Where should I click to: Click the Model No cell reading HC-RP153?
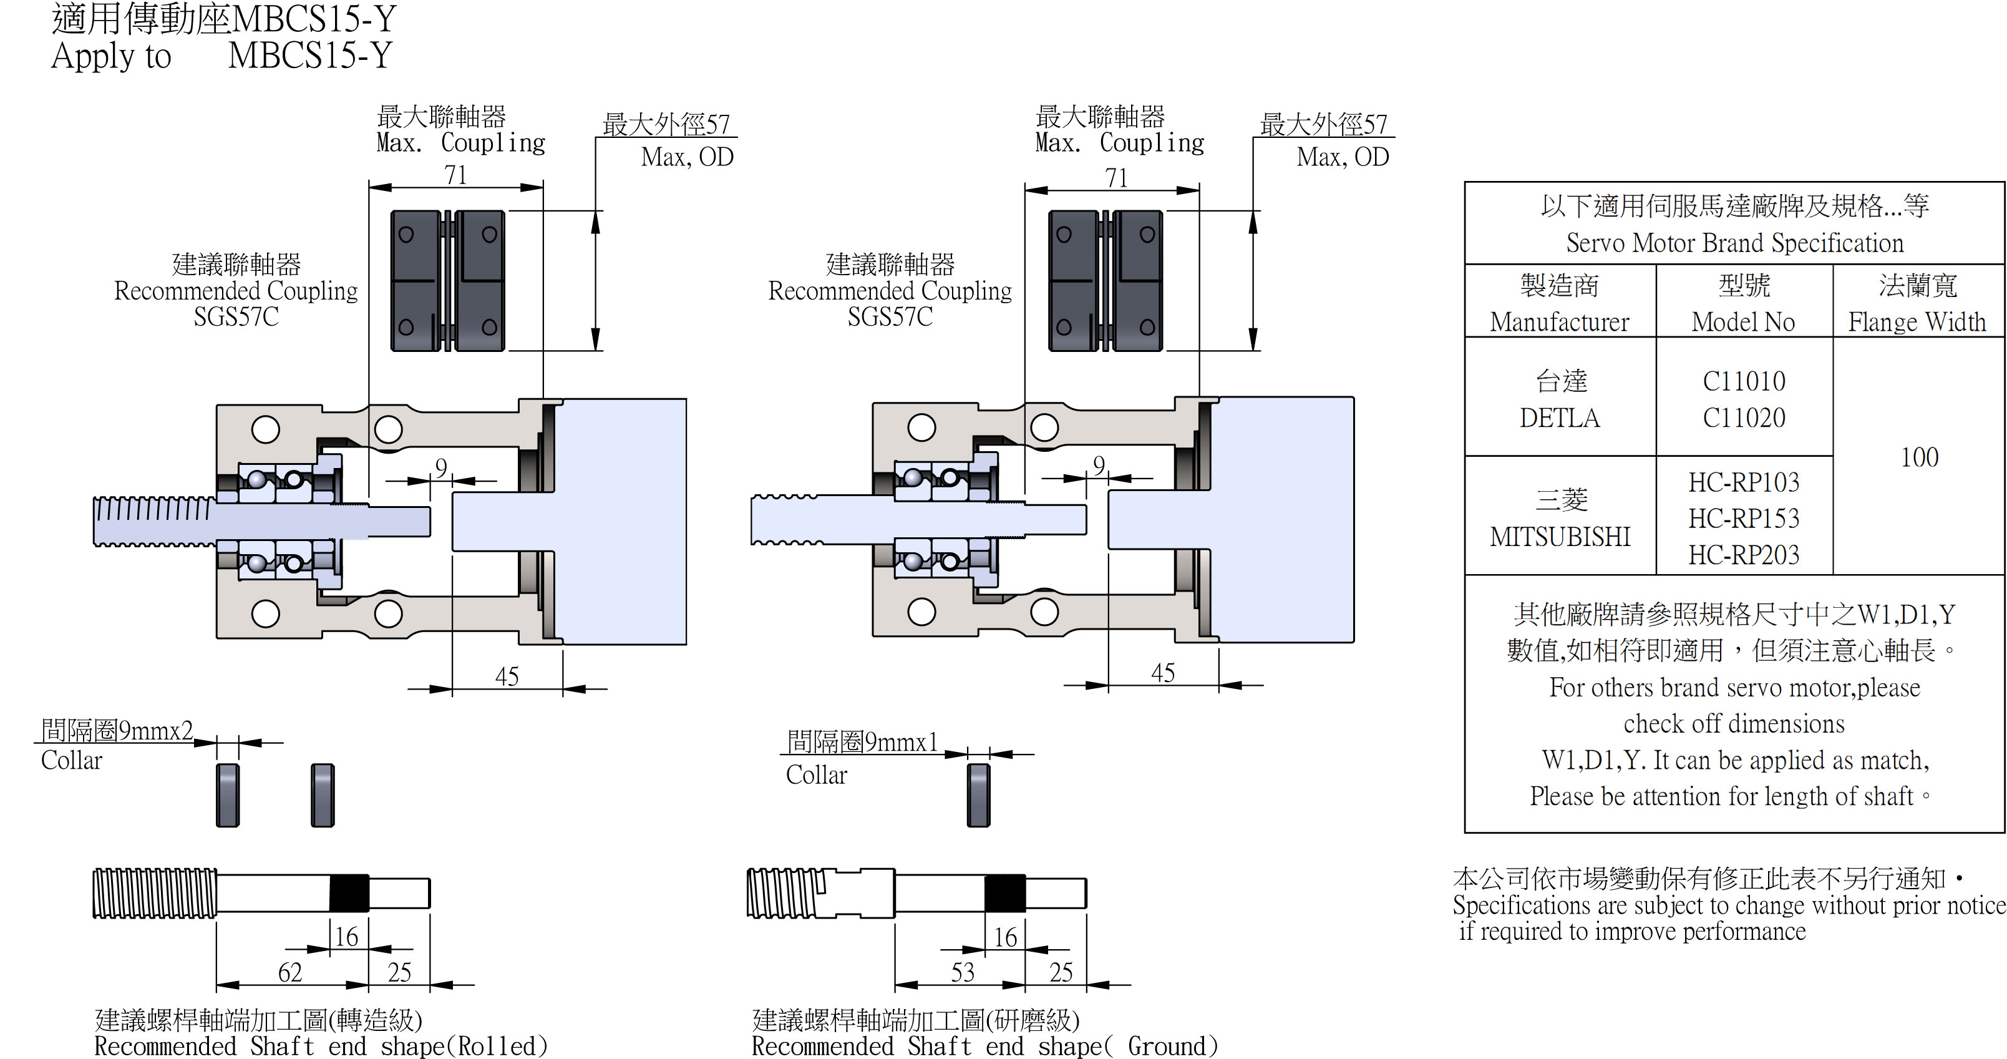pos(1744,518)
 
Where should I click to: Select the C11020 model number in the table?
pos(1744,417)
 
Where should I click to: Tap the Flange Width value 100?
pos(1919,457)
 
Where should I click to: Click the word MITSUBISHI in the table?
pos(1560,536)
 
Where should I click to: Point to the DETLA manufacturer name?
pos(1559,417)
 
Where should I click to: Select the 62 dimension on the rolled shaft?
pos(290,972)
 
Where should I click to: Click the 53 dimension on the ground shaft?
pos(962,972)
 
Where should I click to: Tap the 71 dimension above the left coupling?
pos(456,175)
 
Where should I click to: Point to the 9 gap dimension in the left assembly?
pos(441,467)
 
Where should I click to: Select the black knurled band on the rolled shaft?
pos(348,893)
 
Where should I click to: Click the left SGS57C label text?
pos(236,317)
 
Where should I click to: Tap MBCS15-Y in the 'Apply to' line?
pos(310,56)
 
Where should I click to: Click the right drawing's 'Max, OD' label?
pos(1343,157)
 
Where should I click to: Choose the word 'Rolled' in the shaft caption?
pos(502,1046)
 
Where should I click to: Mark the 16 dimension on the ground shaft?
pos(1005,937)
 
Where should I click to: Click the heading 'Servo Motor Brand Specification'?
pos(1734,243)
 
